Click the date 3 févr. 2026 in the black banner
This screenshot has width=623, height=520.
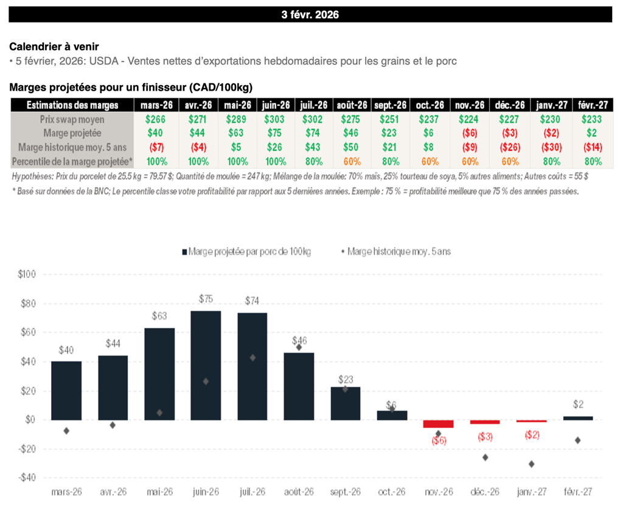310,15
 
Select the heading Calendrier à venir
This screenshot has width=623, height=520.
54,46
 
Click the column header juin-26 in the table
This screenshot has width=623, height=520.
276,105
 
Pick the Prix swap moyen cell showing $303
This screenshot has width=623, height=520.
276,119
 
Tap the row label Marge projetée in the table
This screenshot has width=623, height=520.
72,133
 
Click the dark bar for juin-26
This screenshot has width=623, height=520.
206,365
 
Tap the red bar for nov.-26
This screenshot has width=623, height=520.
439,424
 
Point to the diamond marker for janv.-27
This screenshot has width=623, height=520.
531,464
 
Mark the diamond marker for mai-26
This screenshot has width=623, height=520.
159,412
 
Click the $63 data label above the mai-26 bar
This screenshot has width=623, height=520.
159,316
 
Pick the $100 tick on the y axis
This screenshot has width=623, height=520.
27,274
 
